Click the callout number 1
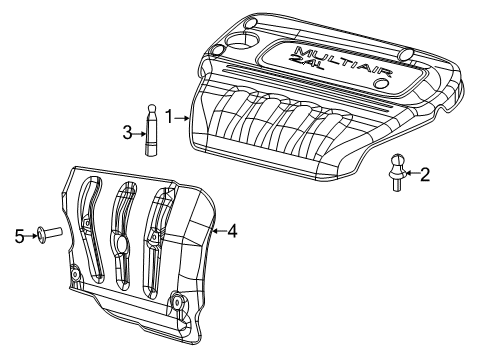coord(169,117)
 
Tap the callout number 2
coord(424,176)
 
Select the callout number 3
coord(127,131)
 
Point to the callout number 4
coord(232,232)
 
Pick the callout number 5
coord(19,236)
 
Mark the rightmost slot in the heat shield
coord(158,240)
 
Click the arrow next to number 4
coord(219,232)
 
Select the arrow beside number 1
coord(182,117)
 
